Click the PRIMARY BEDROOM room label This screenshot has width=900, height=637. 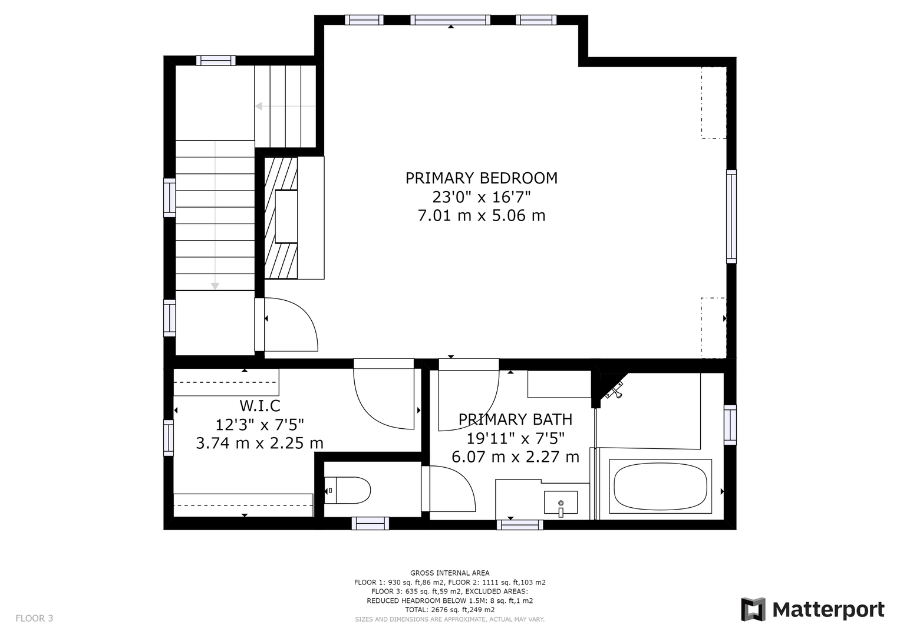[482, 178]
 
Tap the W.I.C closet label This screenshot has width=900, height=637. [260, 406]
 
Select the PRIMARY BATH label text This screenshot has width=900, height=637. [516, 419]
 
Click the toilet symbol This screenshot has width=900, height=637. [348, 490]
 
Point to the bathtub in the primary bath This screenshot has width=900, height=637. [660, 486]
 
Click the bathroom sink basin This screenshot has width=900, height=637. [561, 503]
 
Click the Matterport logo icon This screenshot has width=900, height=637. [753, 609]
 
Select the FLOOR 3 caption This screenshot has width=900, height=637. [34, 618]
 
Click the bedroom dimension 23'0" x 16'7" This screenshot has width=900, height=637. [482, 197]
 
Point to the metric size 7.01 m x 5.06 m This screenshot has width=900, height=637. [482, 215]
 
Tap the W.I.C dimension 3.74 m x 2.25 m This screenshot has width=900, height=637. [259, 443]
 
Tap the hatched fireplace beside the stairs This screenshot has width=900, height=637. [281, 218]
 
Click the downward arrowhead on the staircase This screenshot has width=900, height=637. [215, 286]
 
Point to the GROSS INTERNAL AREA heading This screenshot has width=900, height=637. [450, 573]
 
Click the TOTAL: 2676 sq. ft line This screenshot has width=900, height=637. [450, 610]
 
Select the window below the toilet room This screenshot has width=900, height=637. [370, 523]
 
